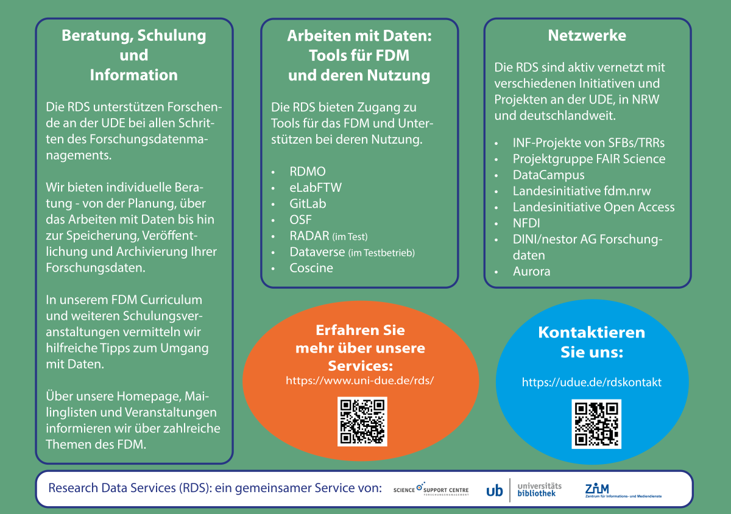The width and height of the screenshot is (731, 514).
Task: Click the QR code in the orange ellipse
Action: pos(362,421)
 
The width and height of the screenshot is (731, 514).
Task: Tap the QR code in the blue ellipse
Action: pos(596,424)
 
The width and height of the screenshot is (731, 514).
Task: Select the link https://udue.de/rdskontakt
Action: pos(592,382)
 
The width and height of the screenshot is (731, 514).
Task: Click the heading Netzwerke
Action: pos(587,35)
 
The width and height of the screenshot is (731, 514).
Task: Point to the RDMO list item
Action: pos(308,171)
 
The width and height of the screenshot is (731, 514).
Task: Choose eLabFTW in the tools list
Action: pos(316,188)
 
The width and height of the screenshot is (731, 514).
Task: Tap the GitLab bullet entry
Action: pos(308,203)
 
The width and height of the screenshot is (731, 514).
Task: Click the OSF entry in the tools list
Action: pos(300,220)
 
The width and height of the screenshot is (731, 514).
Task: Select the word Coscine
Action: pos(311,268)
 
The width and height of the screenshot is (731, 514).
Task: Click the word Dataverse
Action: pos(317,252)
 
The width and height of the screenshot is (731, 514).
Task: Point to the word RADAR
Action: pos(309,236)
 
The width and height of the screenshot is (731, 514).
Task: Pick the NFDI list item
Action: pos(526,223)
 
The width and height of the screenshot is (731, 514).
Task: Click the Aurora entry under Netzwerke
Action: pos(531,272)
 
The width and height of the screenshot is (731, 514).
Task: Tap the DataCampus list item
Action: pos(548,175)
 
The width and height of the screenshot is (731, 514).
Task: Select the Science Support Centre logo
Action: pos(431,490)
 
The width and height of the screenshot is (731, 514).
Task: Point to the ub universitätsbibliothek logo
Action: pos(524,490)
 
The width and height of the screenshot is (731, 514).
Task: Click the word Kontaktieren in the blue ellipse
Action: pos(591,333)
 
